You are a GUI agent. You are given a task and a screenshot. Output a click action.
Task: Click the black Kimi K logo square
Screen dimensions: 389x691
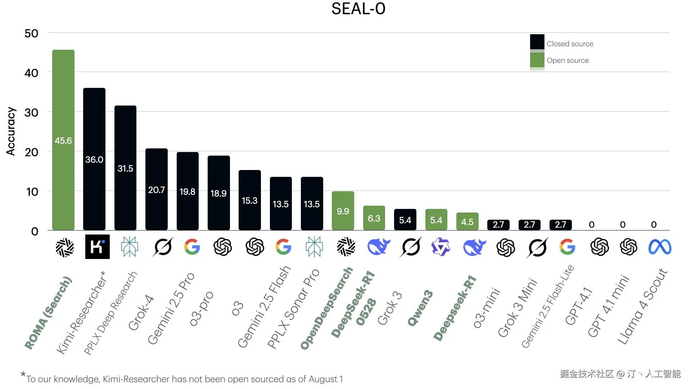click(x=97, y=247)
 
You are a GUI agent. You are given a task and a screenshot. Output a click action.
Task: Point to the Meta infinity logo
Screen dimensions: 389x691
click(x=659, y=247)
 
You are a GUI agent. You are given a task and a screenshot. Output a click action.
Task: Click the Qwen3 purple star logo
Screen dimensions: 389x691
click(x=441, y=247)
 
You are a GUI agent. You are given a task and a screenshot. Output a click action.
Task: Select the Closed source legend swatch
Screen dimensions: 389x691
click(x=537, y=42)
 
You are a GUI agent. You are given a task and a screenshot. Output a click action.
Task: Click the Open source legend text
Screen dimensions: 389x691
click(x=568, y=61)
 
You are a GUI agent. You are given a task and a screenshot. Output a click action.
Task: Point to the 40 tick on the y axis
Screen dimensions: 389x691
click(x=31, y=73)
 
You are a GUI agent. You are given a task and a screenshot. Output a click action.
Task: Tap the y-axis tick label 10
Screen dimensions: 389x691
click(x=32, y=192)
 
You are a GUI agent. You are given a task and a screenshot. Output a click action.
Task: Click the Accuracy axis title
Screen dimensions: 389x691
click(x=11, y=131)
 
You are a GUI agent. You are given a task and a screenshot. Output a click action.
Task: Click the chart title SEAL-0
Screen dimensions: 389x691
click(x=358, y=9)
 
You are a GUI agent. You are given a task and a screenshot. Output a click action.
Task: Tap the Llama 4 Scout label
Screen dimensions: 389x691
click(x=643, y=306)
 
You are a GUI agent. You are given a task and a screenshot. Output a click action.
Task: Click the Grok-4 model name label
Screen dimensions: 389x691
click(x=141, y=313)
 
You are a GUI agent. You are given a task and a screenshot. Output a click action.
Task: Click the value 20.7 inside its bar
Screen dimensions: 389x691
click(x=156, y=190)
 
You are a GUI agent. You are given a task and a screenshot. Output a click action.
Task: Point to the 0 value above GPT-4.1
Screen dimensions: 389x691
click(x=592, y=225)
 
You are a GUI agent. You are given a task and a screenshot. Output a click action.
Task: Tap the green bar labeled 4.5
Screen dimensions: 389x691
click(x=467, y=222)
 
